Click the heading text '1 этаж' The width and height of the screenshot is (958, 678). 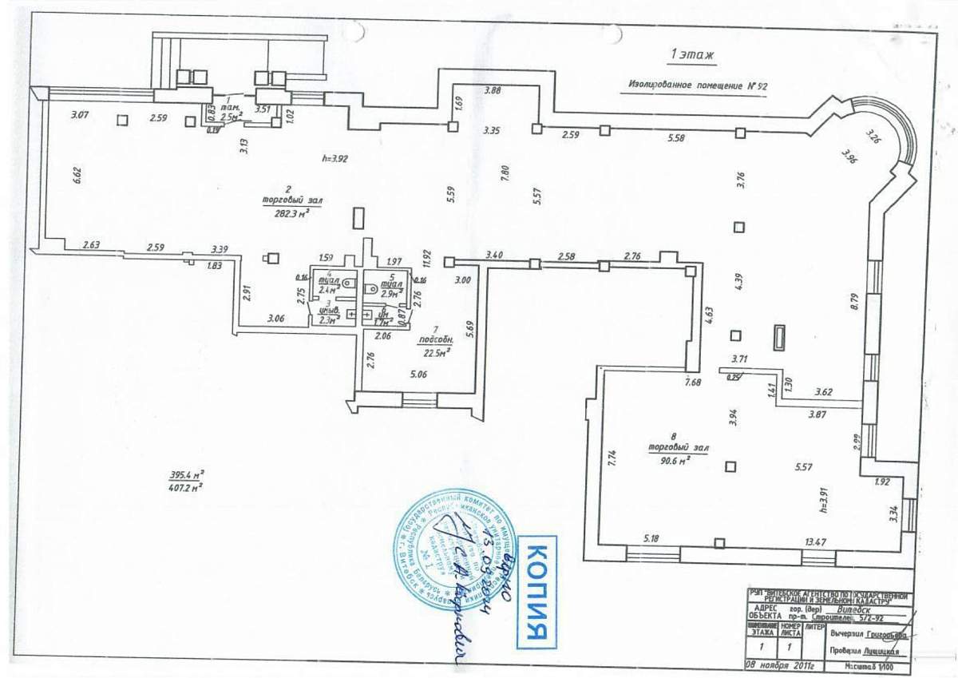692,55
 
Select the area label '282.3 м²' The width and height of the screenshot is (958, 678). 285,212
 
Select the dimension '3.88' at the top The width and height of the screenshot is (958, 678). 493,90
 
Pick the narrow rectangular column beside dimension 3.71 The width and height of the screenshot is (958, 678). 779,339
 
